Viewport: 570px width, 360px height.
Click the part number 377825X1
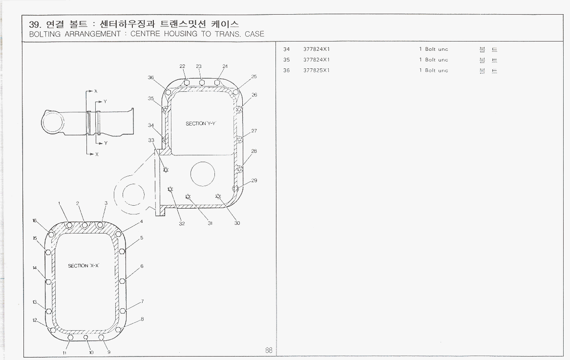point(317,70)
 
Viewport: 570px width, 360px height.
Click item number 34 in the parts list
point(286,49)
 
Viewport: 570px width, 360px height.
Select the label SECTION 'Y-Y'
point(200,124)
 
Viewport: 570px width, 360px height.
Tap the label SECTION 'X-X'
point(84,266)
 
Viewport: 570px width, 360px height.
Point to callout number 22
point(182,66)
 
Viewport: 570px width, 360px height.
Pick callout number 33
point(151,140)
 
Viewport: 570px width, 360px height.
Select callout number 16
point(35,221)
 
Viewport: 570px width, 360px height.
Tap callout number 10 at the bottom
point(91,352)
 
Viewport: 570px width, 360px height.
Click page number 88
point(269,350)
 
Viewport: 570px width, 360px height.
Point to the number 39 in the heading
point(34,24)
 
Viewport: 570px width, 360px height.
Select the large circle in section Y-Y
point(202,173)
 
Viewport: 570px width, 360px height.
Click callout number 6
point(142,266)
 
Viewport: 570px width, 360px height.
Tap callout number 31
point(210,223)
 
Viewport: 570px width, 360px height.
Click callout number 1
point(59,203)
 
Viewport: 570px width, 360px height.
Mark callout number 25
point(254,77)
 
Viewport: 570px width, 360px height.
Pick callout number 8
point(142,319)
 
